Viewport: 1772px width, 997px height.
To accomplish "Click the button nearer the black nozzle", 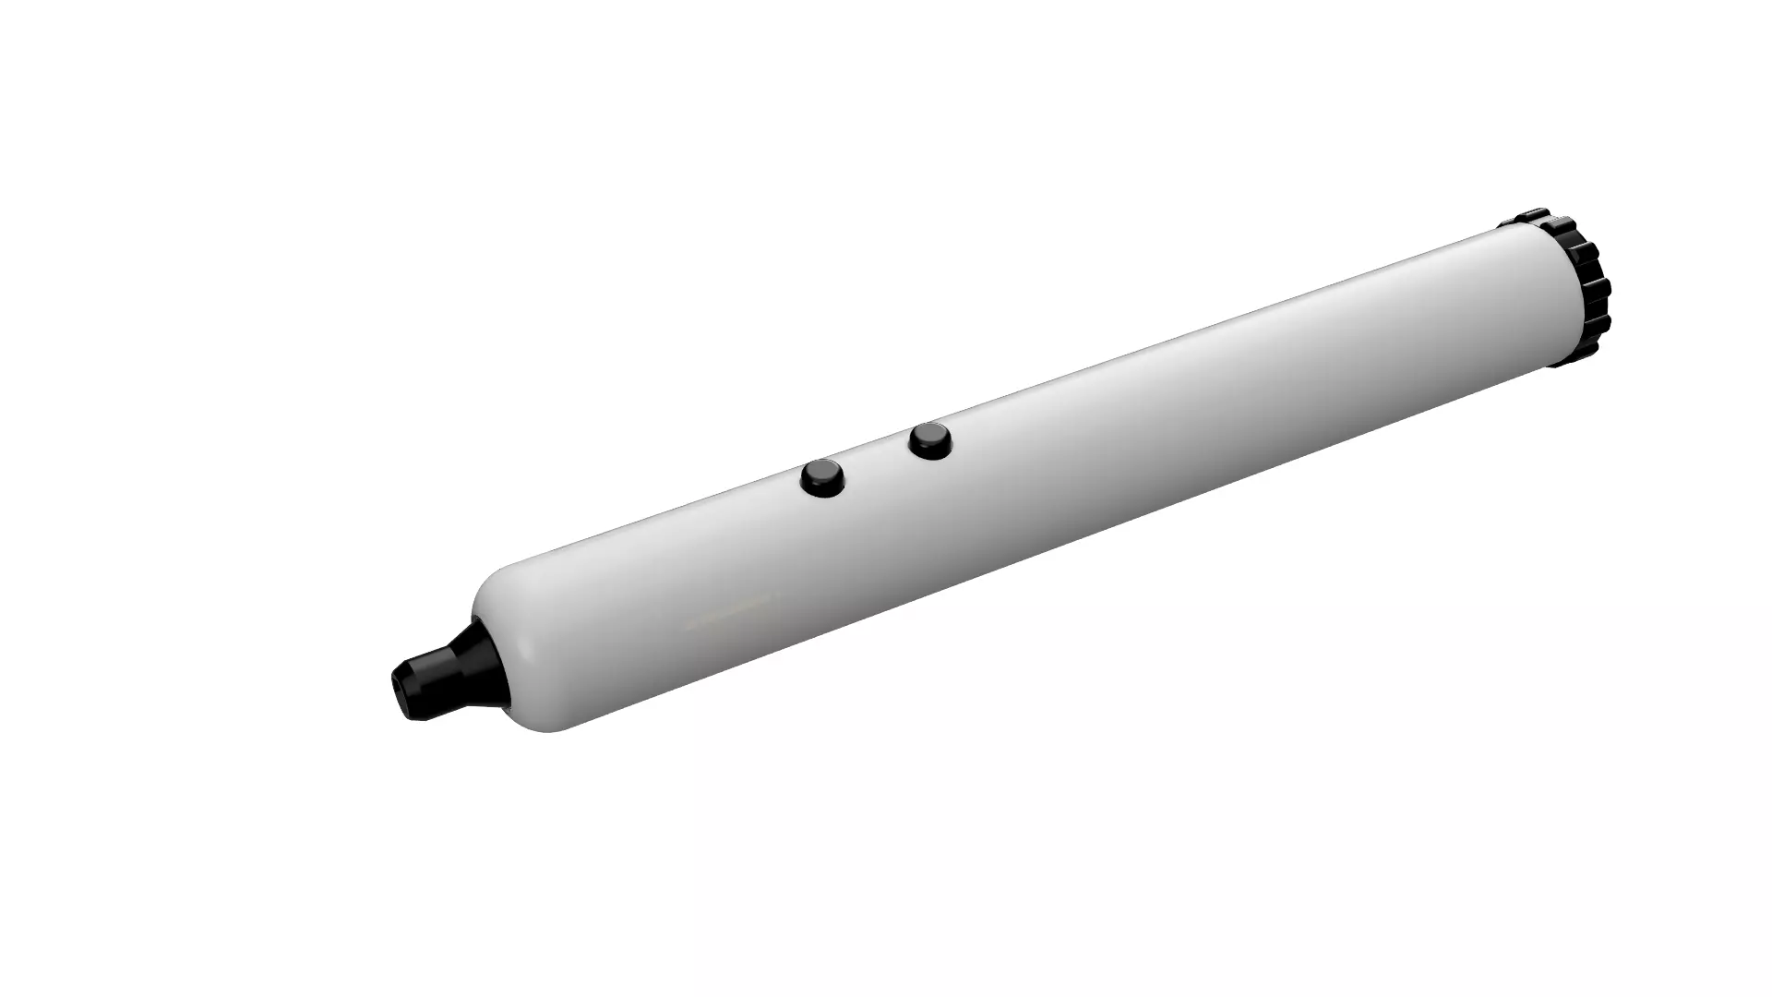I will click(x=822, y=478).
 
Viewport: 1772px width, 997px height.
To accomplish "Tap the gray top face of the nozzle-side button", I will click(x=821, y=473).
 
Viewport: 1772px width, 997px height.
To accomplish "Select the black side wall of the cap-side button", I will click(x=929, y=450).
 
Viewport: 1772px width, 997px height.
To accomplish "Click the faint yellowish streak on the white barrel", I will click(x=729, y=609).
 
